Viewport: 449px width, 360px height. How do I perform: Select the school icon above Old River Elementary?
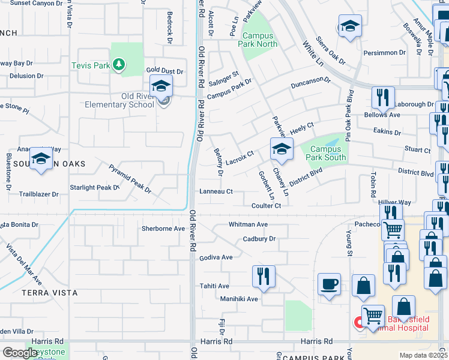tap(161, 86)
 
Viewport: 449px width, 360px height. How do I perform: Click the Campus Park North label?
tap(258, 40)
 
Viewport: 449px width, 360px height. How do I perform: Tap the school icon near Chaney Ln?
tap(282, 149)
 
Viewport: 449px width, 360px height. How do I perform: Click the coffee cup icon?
tap(329, 284)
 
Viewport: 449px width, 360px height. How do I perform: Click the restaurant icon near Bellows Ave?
tap(382, 97)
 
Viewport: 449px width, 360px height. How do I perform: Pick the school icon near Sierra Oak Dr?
tap(349, 27)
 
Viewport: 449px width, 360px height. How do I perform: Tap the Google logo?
tap(20, 353)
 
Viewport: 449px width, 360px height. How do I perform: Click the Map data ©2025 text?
tap(423, 355)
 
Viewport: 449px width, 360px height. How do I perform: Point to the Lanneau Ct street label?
tap(215, 192)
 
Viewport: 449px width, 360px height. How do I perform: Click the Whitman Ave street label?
tap(247, 224)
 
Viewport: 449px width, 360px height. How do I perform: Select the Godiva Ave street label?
tap(215, 257)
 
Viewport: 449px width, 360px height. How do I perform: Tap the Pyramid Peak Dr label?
tap(130, 178)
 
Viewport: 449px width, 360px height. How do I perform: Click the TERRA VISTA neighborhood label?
tap(49, 293)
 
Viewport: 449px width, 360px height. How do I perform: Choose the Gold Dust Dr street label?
tap(164, 71)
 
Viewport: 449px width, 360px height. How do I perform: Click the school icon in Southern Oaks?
tap(41, 159)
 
